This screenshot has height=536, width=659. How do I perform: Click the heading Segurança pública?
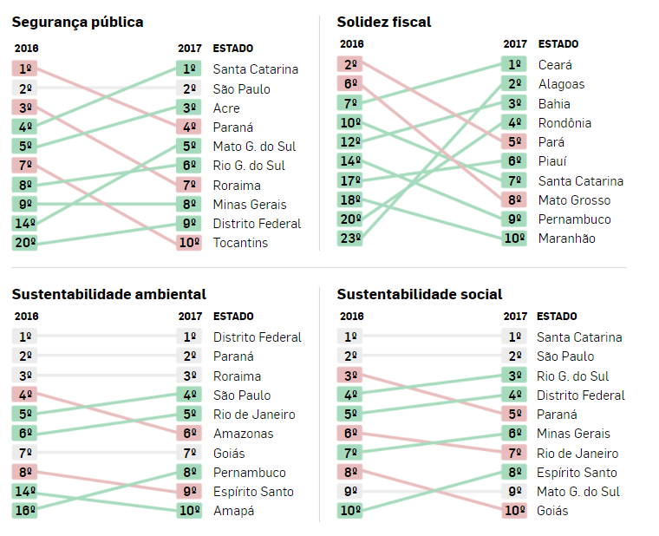coord(77,22)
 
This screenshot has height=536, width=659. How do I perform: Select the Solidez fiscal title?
coord(383,22)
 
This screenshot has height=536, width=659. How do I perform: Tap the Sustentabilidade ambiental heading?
coord(108,295)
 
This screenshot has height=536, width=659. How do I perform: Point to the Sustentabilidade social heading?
coord(420,295)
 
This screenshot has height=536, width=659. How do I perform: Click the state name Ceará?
coord(555,65)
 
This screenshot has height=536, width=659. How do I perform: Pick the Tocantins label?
coord(240,243)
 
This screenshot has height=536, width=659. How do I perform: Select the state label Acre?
coord(226,108)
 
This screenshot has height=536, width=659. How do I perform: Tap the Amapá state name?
coord(234,511)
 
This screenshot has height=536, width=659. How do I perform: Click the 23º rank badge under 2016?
coord(350,239)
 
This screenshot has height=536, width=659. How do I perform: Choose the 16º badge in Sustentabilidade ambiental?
coord(25,511)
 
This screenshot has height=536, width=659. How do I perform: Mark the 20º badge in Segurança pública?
coord(25,243)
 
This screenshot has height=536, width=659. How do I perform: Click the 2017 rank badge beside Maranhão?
coord(514,239)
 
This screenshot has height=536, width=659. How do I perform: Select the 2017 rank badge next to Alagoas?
coord(514,84)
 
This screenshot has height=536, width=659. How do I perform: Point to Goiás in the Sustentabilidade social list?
coord(552,511)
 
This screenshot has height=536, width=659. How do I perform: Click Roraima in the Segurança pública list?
coord(237,185)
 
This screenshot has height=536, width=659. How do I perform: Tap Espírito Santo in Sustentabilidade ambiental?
coord(253,492)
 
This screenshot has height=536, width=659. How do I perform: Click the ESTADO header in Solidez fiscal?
coord(558,43)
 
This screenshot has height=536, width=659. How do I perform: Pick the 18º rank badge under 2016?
coord(350,200)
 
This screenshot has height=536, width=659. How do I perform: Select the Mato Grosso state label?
coord(574,200)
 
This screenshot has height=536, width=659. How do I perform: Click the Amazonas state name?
coord(243,434)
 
